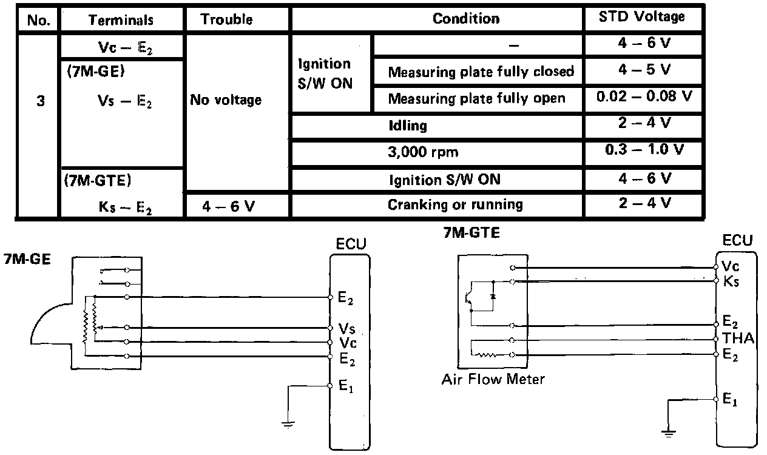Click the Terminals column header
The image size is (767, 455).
121,19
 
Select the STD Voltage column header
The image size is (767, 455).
643,18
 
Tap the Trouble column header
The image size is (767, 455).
226,19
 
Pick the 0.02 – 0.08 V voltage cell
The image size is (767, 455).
643,97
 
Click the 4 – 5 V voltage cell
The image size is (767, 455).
643,70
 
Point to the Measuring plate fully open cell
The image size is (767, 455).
476,98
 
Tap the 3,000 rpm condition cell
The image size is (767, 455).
415,152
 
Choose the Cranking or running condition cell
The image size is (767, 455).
455,204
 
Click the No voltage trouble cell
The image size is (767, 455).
226,99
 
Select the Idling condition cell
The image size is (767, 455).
408,126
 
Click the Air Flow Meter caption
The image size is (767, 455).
493,380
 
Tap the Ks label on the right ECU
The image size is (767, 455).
731,282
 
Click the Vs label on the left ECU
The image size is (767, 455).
346,329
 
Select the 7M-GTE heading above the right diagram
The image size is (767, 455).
471,232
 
